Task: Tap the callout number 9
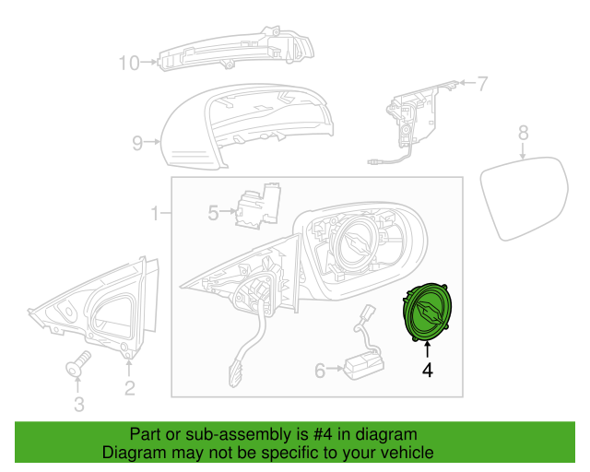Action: (x=136, y=143)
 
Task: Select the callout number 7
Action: (x=484, y=84)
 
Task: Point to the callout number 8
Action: (x=523, y=133)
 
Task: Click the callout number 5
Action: (x=213, y=213)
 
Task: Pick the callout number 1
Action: (x=156, y=214)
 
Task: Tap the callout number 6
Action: (x=320, y=371)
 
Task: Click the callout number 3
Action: (x=78, y=403)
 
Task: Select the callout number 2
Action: (x=129, y=388)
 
